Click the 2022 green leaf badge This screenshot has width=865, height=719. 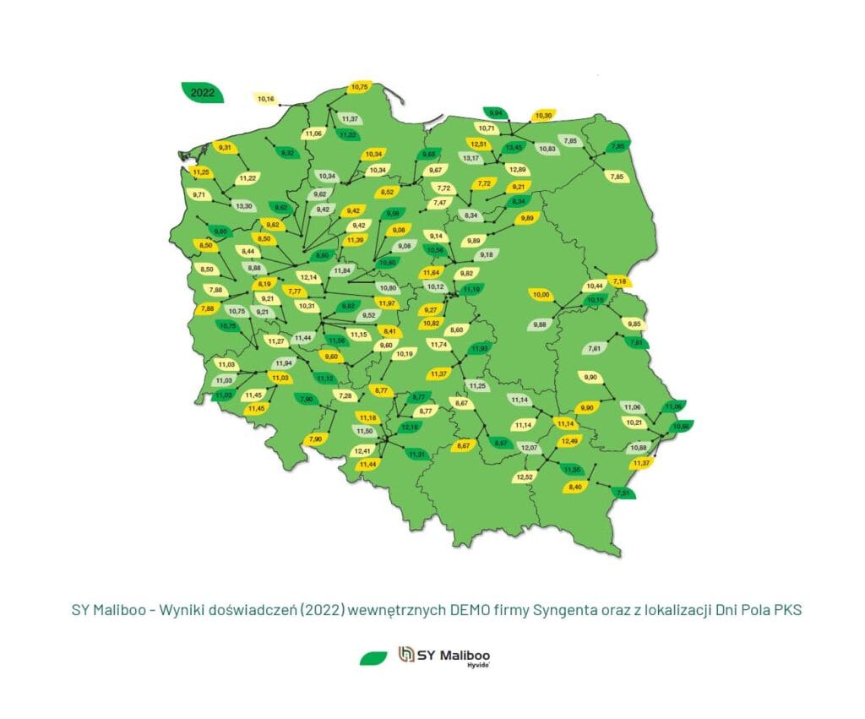[x=203, y=93]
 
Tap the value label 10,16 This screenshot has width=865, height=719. [x=265, y=100]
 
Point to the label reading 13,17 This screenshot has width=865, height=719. [x=470, y=158]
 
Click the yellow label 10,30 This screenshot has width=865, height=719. [x=542, y=116]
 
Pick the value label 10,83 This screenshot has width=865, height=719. [x=547, y=149]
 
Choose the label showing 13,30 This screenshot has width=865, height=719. [x=244, y=206]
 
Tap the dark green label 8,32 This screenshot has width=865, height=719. [x=287, y=153]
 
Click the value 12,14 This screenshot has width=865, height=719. [x=309, y=277]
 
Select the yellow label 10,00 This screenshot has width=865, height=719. [x=541, y=295]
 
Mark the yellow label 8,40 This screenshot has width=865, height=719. [x=576, y=488]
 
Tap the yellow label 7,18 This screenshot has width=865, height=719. [x=619, y=281]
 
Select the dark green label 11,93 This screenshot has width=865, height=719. [x=479, y=348]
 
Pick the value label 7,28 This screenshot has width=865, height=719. [x=345, y=395]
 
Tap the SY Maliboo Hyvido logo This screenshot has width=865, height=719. [x=444, y=657]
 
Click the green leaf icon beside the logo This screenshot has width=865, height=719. [x=373, y=657]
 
